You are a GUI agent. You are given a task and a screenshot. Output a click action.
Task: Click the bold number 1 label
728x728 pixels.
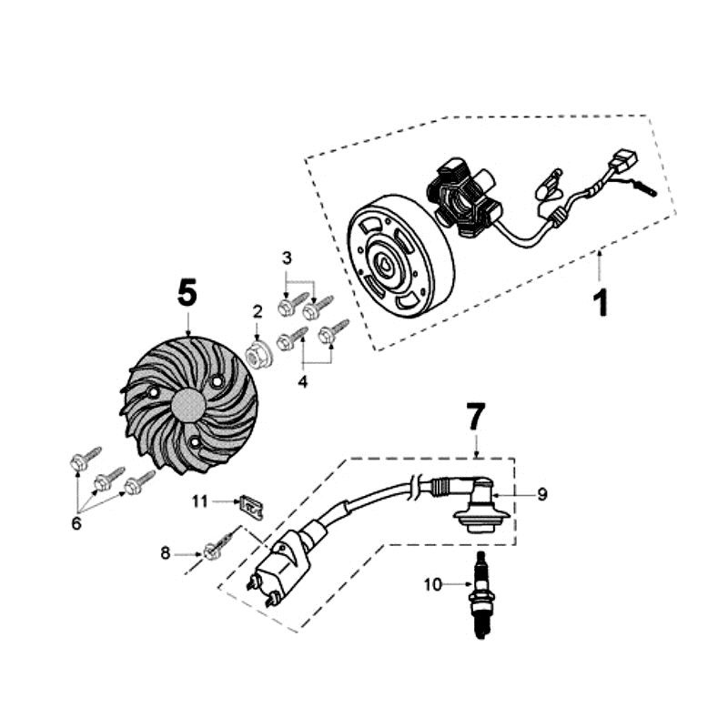click(x=600, y=302)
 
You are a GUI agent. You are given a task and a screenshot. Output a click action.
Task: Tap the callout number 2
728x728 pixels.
click(x=258, y=311)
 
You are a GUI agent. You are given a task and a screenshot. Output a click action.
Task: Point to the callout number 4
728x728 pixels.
click(x=302, y=381)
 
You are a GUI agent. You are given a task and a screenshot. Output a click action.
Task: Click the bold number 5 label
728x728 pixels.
click(x=187, y=293)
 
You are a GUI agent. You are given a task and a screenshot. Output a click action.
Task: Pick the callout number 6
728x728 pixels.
click(x=76, y=522)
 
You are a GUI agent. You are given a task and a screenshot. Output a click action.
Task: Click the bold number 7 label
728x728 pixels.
click(x=476, y=418)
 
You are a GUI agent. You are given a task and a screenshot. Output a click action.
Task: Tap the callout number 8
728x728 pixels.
click(x=165, y=551)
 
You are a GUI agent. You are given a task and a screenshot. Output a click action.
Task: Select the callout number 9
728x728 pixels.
click(x=541, y=494)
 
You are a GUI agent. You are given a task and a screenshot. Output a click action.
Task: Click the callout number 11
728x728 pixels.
click(x=199, y=500)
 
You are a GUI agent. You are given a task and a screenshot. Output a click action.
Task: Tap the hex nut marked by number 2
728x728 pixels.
click(x=261, y=355)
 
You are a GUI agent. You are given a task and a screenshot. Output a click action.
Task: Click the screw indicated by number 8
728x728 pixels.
click(x=215, y=550)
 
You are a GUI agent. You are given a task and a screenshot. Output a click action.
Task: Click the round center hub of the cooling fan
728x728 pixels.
click(x=189, y=406)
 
